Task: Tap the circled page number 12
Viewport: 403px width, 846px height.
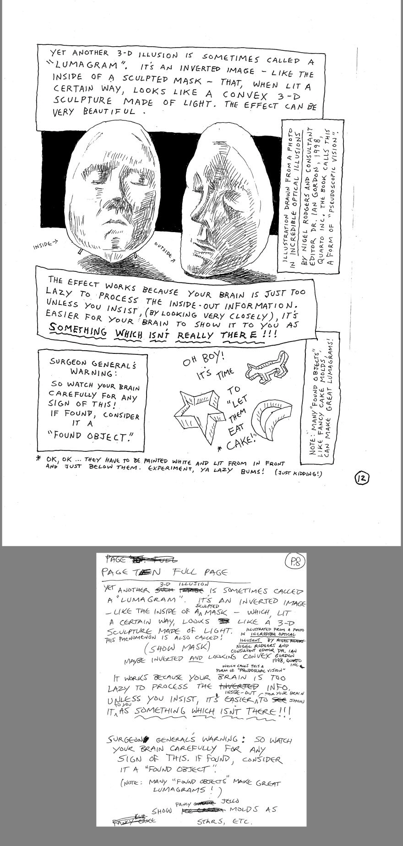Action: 361,479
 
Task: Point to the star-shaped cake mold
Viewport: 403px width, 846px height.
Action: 199,415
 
